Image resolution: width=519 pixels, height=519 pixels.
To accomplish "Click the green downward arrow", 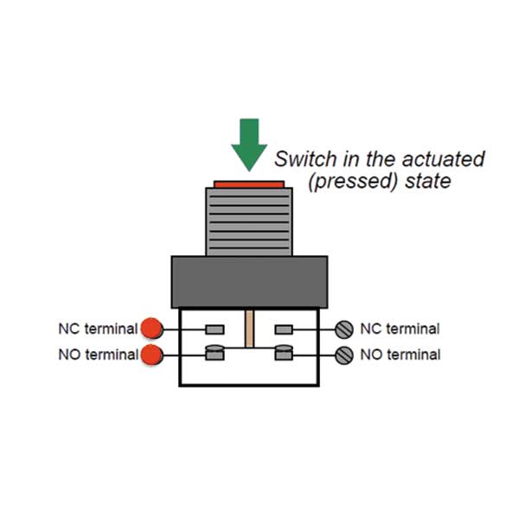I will click(x=249, y=145).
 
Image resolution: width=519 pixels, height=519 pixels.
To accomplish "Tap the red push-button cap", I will click(x=249, y=184).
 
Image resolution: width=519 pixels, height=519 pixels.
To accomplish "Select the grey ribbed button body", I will click(x=249, y=221).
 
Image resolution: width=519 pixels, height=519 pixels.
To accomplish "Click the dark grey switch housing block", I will click(x=249, y=281).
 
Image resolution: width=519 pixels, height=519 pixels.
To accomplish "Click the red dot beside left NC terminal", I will click(x=152, y=329).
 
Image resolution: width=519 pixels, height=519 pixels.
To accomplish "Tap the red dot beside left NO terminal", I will click(x=152, y=355).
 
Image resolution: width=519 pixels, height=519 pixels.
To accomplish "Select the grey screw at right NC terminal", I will click(x=344, y=329).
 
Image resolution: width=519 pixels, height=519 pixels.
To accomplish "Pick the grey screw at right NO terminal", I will click(x=344, y=354).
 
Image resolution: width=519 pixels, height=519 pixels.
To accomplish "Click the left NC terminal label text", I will click(x=98, y=329).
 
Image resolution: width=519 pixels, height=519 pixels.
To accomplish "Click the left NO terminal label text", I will click(x=98, y=355).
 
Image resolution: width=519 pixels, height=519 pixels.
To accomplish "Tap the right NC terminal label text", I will click(x=400, y=329).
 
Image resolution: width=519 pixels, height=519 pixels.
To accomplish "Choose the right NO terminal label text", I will click(x=400, y=355).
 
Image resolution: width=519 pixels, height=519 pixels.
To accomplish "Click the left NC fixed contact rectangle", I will click(x=215, y=329).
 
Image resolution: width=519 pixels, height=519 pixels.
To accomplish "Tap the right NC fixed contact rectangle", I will click(x=283, y=329).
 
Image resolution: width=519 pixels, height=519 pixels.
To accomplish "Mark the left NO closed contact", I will click(x=215, y=353).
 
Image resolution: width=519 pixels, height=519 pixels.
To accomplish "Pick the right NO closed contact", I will click(x=283, y=353).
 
